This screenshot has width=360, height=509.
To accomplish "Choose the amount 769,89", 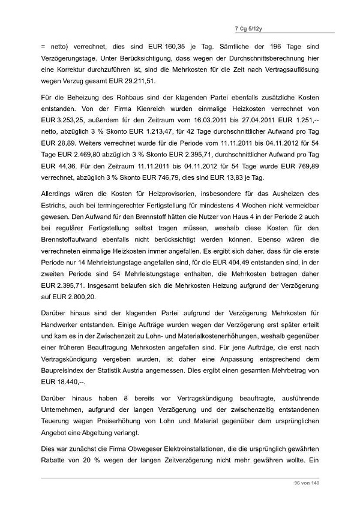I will pyautogui.click(x=298, y=167).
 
